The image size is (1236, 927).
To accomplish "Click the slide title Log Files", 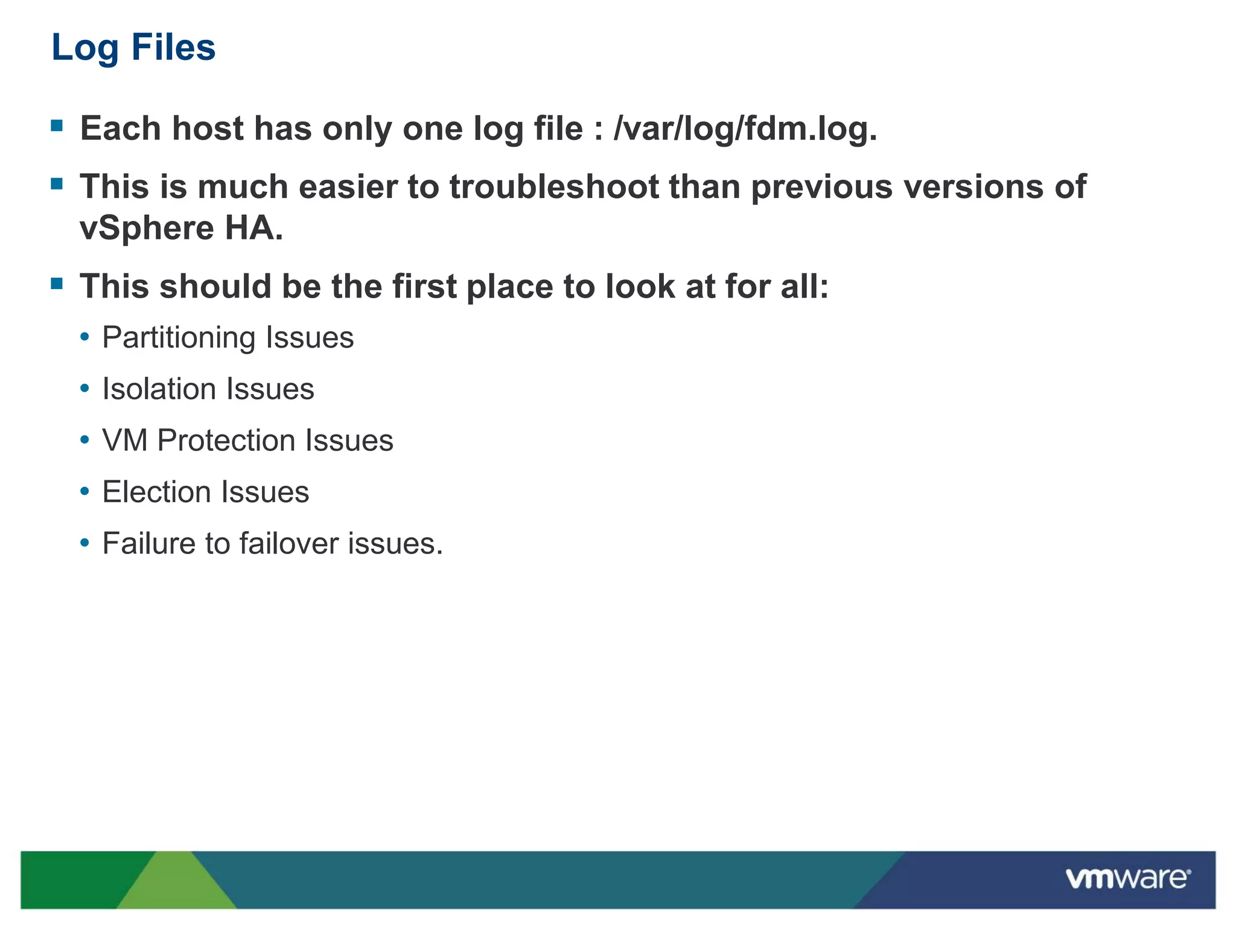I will tap(133, 47).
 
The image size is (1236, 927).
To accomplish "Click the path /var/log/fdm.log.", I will tap(745, 129).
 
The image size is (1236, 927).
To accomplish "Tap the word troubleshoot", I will tap(554, 186).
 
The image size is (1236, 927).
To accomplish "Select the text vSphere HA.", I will tap(181, 228).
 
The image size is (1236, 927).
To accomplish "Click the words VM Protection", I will tap(200, 440).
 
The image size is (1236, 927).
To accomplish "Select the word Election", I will tap(148, 492).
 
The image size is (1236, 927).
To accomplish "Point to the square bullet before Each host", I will tap(57, 126).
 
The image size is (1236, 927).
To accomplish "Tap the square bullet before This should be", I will tap(57, 284).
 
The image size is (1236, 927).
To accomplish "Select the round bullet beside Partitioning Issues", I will tap(85, 337).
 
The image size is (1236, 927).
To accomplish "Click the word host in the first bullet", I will tap(207, 129).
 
